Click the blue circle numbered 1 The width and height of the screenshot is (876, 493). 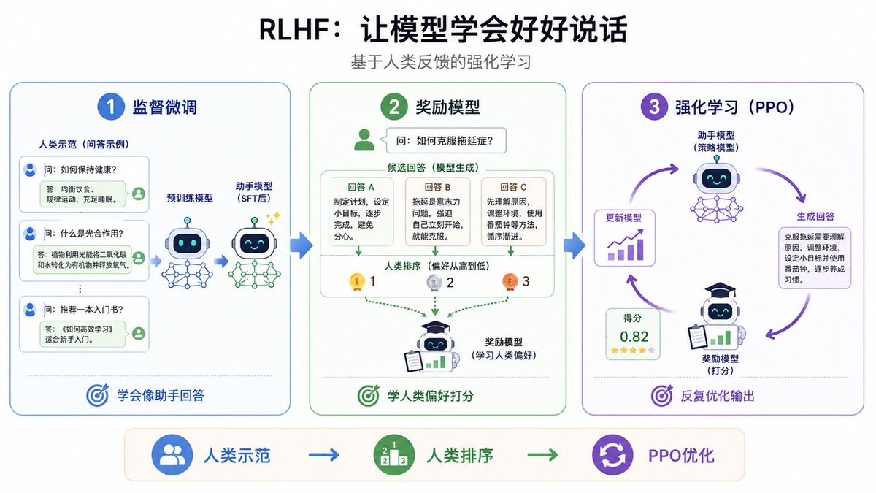[x=111, y=107]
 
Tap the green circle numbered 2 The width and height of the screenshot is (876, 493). [x=394, y=107]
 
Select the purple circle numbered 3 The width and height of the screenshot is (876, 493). [x=654, y=107]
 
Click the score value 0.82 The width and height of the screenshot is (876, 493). [x=634, y=337]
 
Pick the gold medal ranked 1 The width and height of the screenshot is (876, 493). [x=357, y=282]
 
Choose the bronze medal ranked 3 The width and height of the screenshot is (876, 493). [x=510, y=282]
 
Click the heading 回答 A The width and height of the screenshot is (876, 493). [x=361, y=187]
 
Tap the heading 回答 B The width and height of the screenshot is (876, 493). [x=437, y=187]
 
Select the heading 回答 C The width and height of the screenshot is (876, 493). [x=513, y=187]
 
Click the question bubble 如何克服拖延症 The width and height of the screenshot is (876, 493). [x=445, y=140]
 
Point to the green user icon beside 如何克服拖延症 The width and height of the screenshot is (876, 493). [x=364, y=140]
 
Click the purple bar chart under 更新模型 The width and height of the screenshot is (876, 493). [x=626, y=245]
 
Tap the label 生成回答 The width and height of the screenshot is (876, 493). [x=815, y=216]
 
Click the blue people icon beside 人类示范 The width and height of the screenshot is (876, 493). [x=172, y=454]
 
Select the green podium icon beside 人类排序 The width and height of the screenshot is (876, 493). [x=393, y=454]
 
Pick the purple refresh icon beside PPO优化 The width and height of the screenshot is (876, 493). [x=612, y=454]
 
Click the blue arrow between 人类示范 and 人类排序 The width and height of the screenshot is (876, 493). [x=324, y=455]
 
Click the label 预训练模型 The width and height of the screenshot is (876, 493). [x=190, y=198]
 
